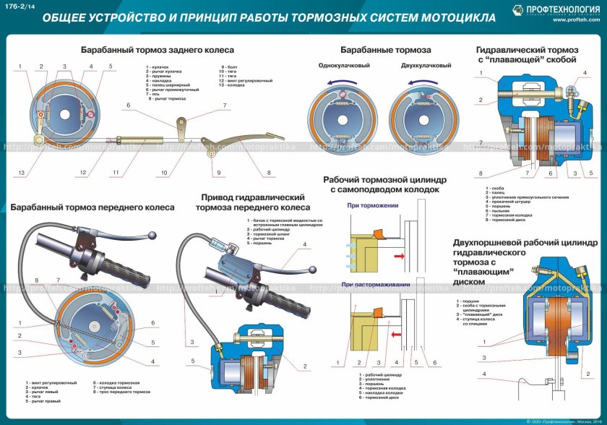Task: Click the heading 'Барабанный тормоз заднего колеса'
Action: coord(157,50)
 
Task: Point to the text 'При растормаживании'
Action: coord(376,285)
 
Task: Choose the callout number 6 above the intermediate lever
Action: coord(128,106)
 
